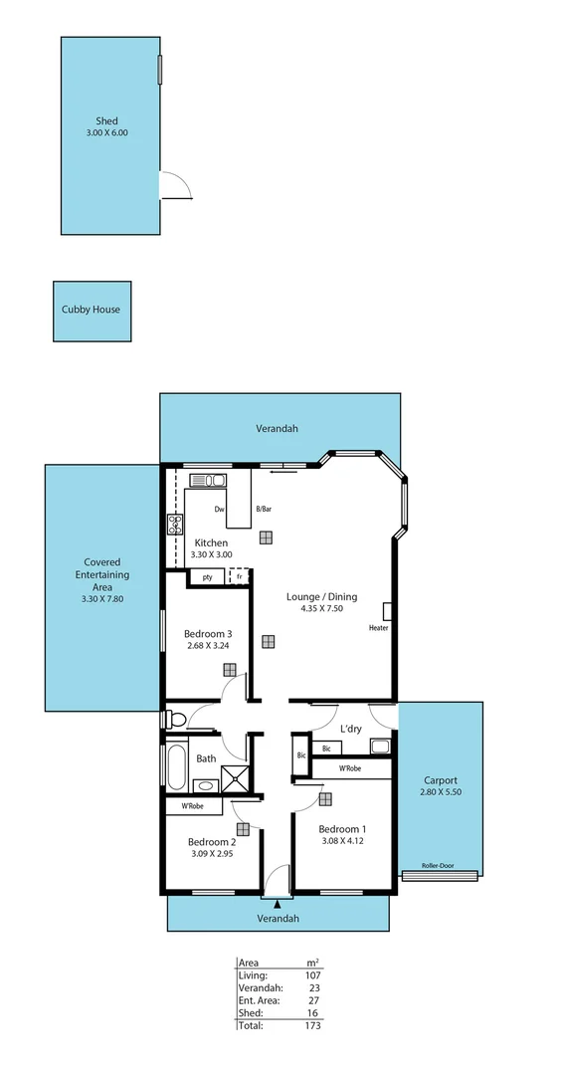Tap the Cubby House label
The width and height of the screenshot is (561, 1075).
tap(92, 310)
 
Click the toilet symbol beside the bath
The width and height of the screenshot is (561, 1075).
tap(176, 717)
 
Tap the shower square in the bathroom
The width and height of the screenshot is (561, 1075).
tap(234, 779)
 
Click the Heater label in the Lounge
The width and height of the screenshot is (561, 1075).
tap(378, 628)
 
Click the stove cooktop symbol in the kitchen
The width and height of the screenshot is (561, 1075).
tap(175, 525)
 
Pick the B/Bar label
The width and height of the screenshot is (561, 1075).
tap(264, 510)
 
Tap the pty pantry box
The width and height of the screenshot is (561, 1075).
tap(207, 576)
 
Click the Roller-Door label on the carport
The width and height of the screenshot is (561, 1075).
tap(439, 866)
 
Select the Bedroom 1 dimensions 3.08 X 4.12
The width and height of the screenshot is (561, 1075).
tap(342, 842)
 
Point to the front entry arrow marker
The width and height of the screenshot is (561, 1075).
tap(277, 903)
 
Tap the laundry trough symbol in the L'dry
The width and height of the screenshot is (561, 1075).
tap(380, 746)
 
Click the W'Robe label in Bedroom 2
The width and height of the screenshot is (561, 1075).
tap(192, 805)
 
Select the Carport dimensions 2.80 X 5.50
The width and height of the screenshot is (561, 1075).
tap(441, 792)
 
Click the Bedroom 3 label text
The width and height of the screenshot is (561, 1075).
tap(208, 634)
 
